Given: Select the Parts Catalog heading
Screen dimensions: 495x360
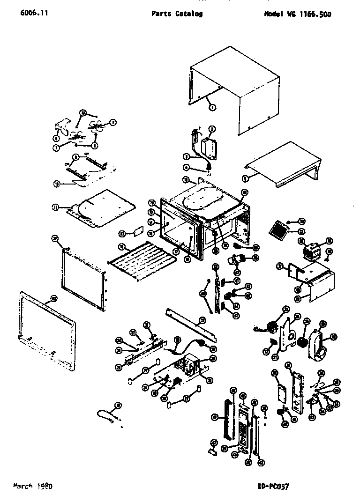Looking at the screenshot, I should [x=177, y=14].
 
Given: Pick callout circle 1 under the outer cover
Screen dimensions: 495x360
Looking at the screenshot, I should [x=212, y=107].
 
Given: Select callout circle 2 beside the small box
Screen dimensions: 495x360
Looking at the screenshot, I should [x=212, y=129].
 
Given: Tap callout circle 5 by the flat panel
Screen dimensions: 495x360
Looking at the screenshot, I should [x=247, y=178].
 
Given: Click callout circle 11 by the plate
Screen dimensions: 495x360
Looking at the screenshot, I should [x=56, y=207].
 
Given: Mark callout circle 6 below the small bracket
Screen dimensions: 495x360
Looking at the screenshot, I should [x=56, y=138].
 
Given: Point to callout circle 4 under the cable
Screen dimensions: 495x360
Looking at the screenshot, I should [x=186, y=167].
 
